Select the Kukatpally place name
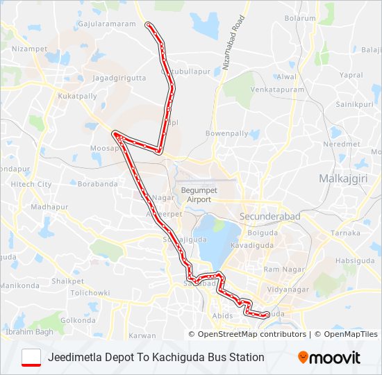pos(78,97)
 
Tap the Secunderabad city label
pos(270,217)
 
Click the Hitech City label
pos(31,184)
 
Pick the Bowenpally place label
pos(226,133)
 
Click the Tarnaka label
pos(345,233)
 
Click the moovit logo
pos(329,358)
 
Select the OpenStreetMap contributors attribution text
pos(252,334)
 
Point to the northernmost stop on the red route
pos(147,25)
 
